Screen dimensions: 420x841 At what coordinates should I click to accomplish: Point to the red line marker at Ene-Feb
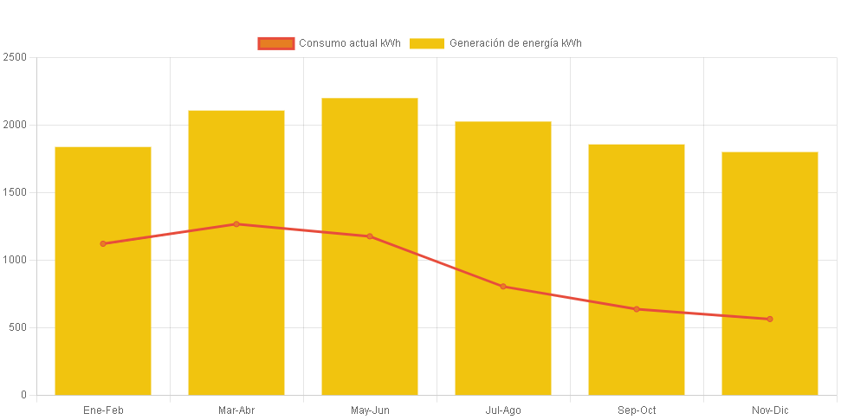103,243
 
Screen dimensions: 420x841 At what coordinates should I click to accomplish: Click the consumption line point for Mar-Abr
236,224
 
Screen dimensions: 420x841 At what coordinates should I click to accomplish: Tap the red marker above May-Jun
370,236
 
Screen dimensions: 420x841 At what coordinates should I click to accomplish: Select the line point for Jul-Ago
503,287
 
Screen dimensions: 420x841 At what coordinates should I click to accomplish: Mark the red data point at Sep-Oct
637,309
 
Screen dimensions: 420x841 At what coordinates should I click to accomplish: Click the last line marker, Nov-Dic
769,319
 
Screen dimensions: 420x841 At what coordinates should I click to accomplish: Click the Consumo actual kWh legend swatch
276,43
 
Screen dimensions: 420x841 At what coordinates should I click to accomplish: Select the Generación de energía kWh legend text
515,43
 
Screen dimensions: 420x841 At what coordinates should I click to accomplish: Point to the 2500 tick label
16,57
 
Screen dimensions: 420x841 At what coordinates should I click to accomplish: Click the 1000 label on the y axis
16,260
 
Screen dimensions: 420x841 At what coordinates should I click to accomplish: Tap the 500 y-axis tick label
18,327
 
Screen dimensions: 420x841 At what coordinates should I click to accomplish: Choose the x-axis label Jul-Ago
503,410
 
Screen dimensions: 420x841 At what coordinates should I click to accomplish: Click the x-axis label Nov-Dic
770,410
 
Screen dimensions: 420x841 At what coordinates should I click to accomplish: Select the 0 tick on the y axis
23,395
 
